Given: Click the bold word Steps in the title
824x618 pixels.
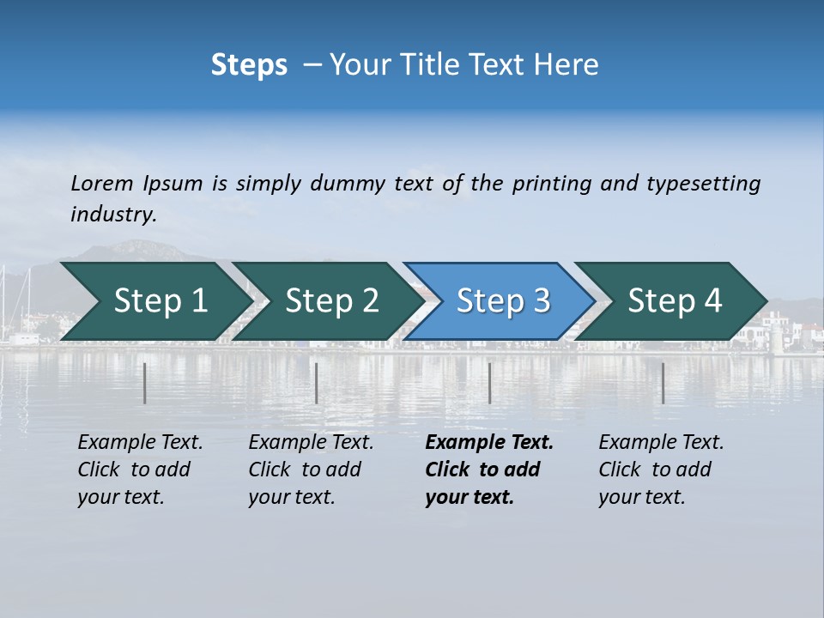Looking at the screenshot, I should [249, 65].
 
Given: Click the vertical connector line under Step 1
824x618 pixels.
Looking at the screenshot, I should [145, 384].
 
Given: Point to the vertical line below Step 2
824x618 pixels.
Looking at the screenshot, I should [317, 384].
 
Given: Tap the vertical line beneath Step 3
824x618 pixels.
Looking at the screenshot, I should [489, 384].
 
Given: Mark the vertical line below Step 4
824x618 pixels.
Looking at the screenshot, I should [663, 384].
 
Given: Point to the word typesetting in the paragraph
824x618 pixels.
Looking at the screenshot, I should [703, 184].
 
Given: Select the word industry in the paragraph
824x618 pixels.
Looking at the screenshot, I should [113, 215].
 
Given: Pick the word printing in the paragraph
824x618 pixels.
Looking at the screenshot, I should [552, 184].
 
